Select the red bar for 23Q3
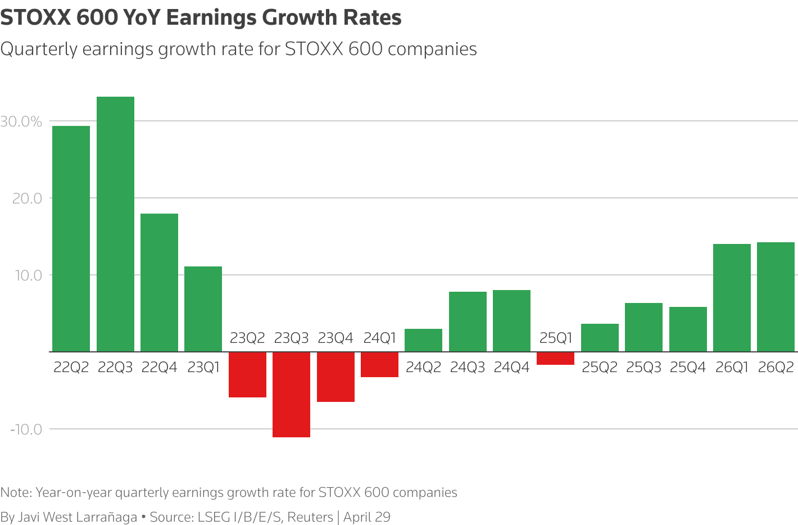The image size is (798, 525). coord(291,394)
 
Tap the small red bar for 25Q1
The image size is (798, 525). coord(555,359)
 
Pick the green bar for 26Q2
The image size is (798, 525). coord(776,297)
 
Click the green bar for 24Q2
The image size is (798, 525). coord(423,340)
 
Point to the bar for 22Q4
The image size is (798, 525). coord(159,282)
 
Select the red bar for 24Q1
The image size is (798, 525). coord(379,364)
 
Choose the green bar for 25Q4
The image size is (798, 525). coord(688,329)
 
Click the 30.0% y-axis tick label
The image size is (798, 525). coord(21,121)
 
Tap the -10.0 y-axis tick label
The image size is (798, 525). coord(26,429)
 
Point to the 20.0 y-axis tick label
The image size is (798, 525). coord(27,198)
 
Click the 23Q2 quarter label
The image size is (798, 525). coord(247,338)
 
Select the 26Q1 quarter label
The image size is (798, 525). coord(732,368)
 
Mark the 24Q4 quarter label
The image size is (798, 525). coord(511,368)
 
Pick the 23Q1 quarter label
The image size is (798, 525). coord(203,368)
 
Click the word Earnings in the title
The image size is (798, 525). coord(211,18)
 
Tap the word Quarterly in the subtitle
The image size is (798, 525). coord(39,49)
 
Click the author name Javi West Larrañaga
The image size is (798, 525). coord(78,517)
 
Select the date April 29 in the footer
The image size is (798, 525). coord(366,517)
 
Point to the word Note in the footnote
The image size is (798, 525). coord(15,493)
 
